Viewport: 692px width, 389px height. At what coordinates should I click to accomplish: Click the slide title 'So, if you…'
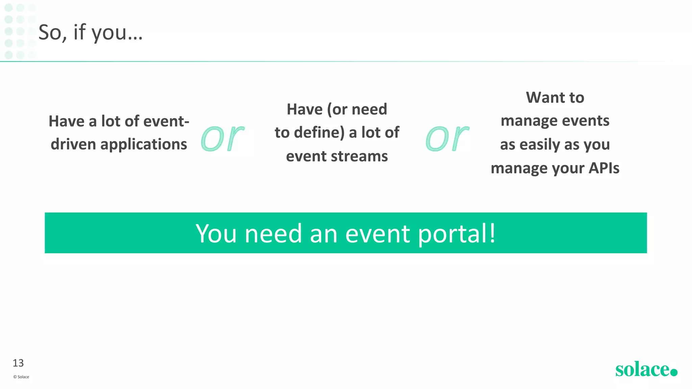click(91, 32)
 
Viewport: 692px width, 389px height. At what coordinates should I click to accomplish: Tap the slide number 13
click(18, 363)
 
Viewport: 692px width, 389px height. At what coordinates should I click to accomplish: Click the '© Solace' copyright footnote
click(21, 377)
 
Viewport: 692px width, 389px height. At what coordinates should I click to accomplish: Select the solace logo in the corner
click(642, 369)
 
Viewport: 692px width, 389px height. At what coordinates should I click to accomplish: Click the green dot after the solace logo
click(674, 372)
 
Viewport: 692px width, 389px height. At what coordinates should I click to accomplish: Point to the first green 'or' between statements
click(222, 137)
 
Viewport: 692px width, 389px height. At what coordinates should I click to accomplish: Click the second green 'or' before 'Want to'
click(447, 137)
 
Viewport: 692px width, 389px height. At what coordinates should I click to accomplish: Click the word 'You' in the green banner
click(216, 234)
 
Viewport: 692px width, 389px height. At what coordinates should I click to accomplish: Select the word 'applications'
click(144, 144)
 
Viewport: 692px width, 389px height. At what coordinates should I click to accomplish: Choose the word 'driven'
click(73, 144)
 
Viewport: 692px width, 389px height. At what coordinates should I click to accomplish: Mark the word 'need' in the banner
click(273, 234)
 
